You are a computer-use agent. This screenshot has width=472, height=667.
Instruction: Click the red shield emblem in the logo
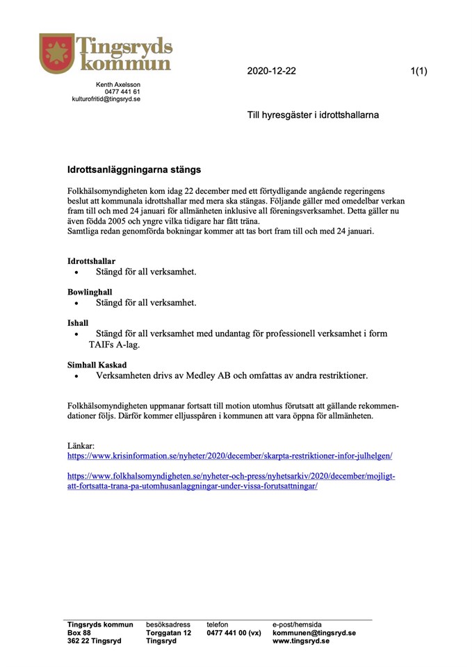(57, 53)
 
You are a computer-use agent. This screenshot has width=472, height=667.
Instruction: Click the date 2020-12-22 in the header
(271, 71)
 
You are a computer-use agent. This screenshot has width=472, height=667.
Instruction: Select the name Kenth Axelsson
(118, 84)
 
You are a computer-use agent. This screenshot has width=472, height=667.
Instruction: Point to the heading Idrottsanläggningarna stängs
(134, 169)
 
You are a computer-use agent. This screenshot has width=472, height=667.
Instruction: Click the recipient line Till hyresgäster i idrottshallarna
(313, 115)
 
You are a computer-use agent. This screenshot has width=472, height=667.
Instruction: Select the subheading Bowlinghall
(90, 293)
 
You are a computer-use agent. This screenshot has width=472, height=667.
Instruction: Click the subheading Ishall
(78, 323)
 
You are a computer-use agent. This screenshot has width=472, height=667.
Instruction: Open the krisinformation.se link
(229, 456)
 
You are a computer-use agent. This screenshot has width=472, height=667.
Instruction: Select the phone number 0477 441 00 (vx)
(234, 633)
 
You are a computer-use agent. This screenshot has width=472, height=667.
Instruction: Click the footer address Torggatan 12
(168, 633)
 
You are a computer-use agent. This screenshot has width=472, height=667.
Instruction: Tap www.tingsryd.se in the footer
(300, 641)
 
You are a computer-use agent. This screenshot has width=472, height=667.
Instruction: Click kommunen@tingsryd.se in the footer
(314, 633)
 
